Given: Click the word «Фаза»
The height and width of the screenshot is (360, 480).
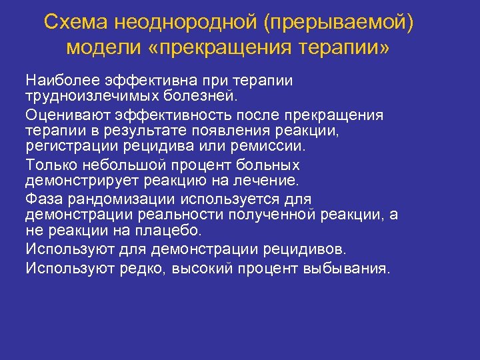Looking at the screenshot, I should pyautogui.click(x=43, y=199).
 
